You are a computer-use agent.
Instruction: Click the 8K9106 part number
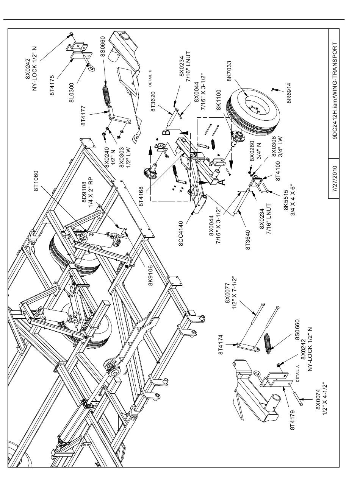click(x=150, y=275)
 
